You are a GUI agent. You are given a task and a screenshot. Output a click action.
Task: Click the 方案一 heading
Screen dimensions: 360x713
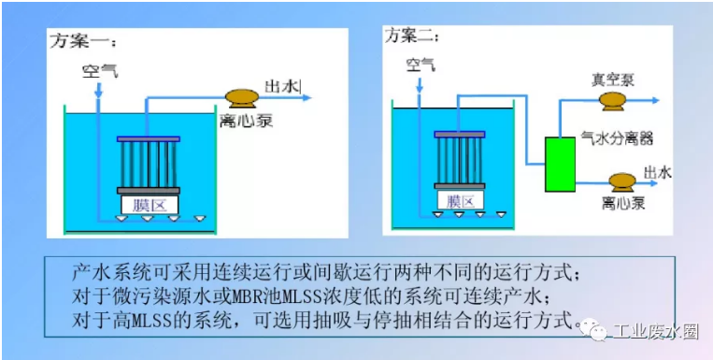[x=82, y=41]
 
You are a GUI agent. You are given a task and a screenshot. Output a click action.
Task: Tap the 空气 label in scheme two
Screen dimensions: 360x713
[x=420, y=64]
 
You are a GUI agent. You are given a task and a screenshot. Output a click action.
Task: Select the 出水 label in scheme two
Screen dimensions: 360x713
[x=658, y=172]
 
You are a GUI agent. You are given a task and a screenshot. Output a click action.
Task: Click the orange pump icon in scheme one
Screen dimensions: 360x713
[x=243, y=96]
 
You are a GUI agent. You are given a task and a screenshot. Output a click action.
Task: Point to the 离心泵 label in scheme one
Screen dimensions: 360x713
[x=240, y=121]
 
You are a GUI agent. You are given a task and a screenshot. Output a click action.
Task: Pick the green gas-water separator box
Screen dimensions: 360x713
[x=561, y=165]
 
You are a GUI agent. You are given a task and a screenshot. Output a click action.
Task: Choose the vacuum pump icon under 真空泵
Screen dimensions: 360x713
[x=614, y=100]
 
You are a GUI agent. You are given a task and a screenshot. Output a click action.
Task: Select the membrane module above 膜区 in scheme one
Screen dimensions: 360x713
[x=148, y=163]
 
